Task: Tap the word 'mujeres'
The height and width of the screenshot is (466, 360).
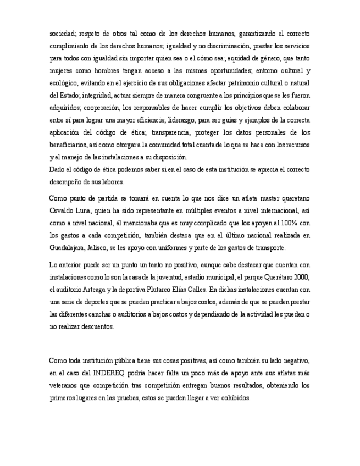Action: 62,71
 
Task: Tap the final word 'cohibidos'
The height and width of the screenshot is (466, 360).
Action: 235,397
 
